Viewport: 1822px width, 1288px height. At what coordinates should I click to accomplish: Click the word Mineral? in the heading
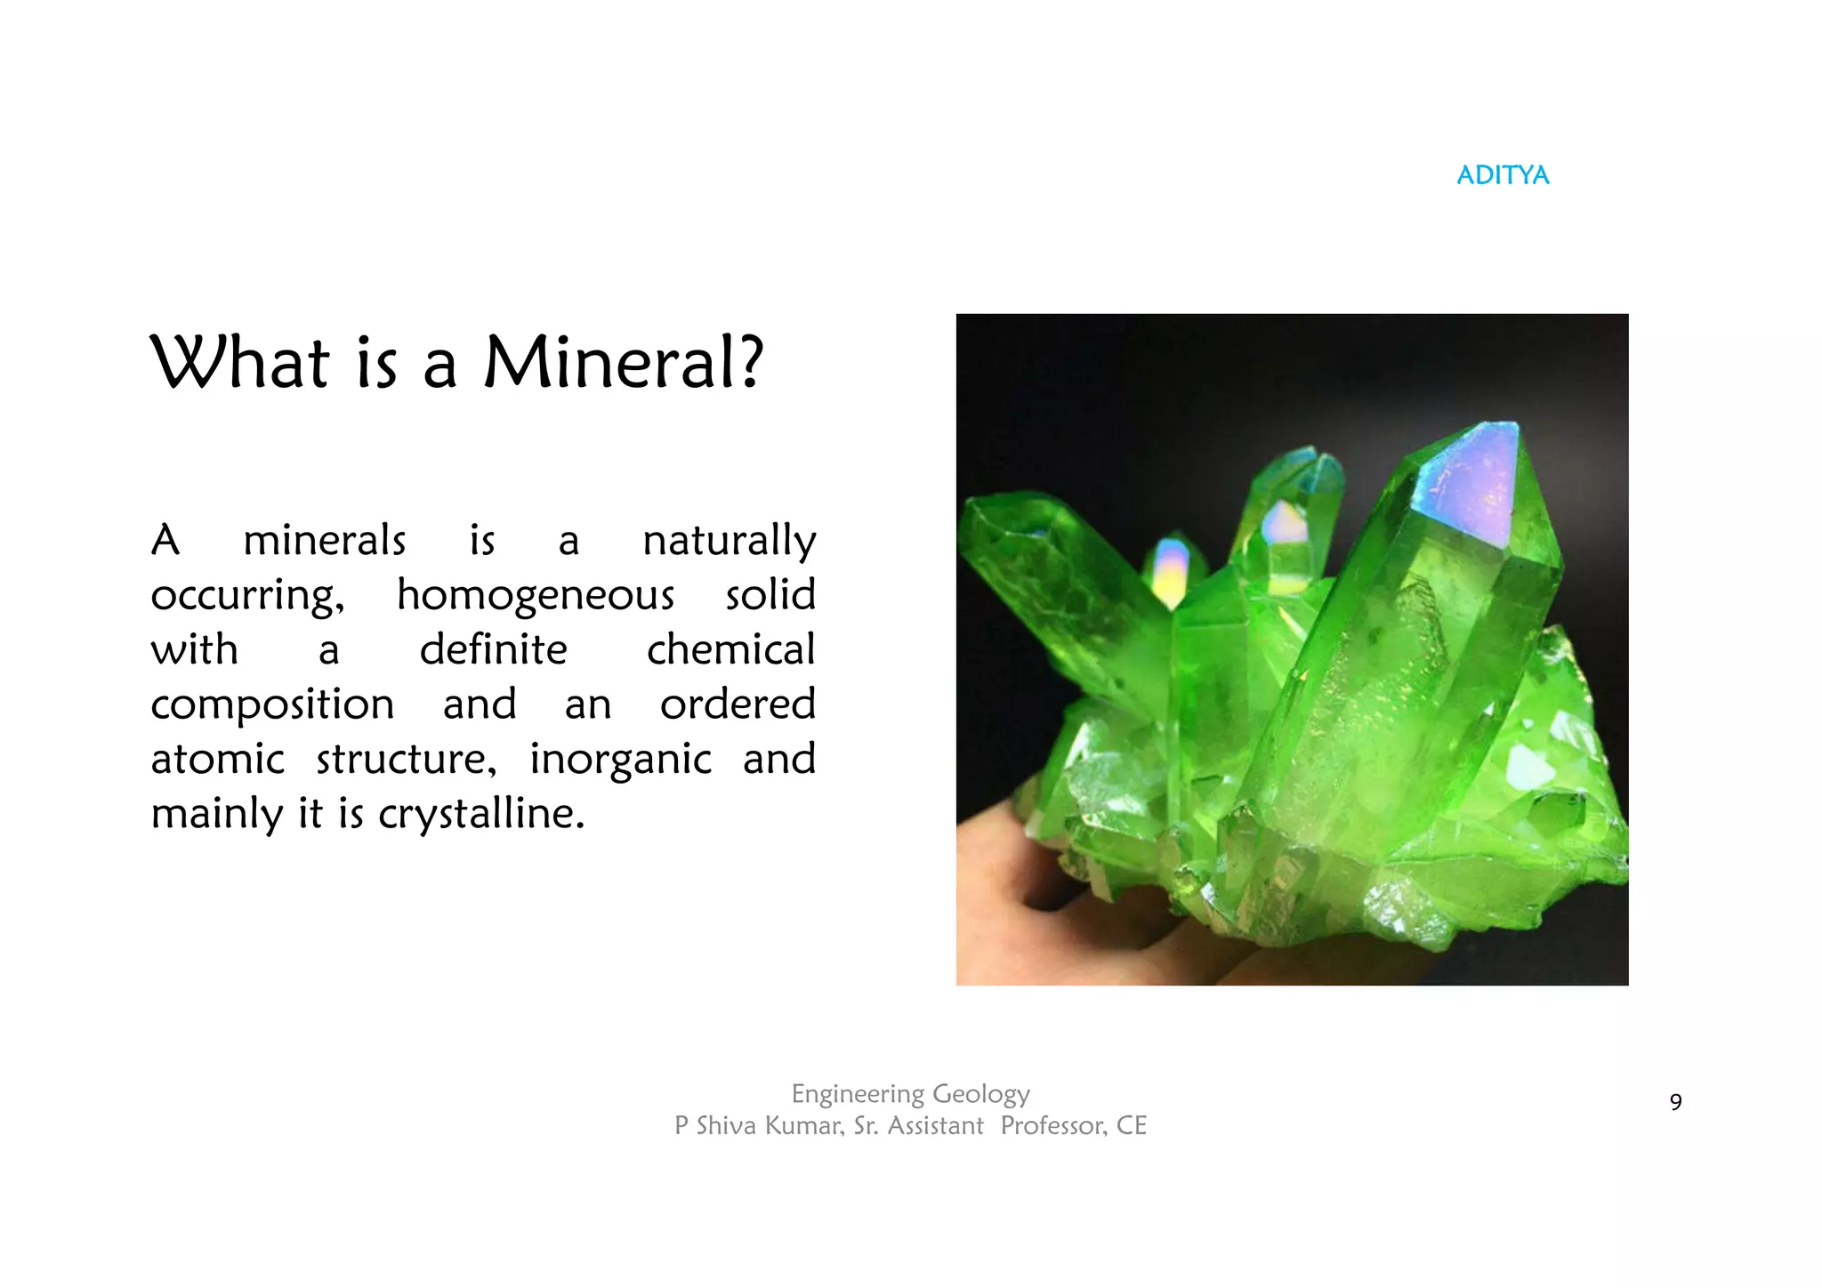tap(623, 363)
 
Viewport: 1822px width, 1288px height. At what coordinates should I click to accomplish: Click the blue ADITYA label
tap(1503, 175)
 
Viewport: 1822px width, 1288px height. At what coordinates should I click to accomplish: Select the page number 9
tap(1675, 1103)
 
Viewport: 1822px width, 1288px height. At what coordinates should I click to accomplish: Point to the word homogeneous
tap(536, 595)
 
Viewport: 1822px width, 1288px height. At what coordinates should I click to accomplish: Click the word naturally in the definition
tap(729, 541)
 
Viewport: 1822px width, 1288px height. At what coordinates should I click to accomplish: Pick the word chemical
tap(730, 649)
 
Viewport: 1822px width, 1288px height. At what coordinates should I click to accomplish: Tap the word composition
tap(272, 704)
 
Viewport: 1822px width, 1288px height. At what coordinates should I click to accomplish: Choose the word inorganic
tap(620, 760)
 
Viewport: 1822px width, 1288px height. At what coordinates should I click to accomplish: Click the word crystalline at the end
tap(481, 814)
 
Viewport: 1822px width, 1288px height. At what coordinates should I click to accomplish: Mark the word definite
tap(493, 649)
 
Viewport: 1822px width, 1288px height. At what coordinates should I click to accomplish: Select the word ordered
tap(738, 704)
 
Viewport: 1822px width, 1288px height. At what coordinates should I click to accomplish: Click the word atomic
tap(217, 760)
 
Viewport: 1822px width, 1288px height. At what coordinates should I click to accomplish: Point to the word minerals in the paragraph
tap(324, 541)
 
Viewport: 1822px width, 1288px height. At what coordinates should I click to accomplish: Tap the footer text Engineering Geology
tap(910, 1093)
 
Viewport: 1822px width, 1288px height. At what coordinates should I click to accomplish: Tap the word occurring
tap(247, 595)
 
